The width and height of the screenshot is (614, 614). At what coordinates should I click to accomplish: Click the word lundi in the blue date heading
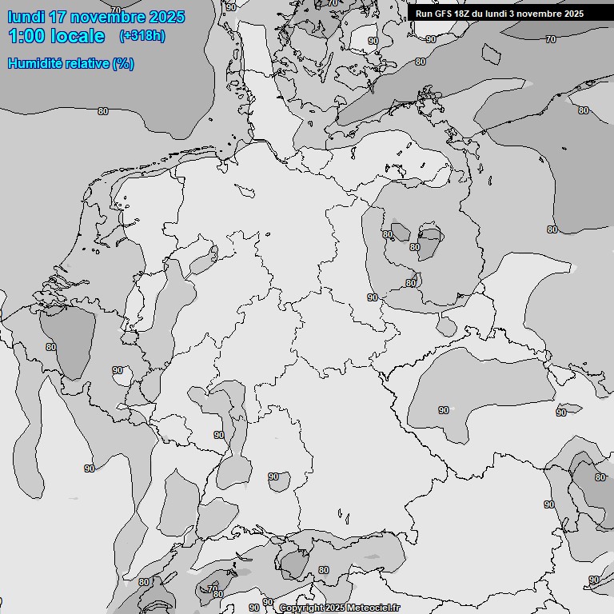point(26,17)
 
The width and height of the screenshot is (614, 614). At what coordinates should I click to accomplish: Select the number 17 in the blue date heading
point(58,17)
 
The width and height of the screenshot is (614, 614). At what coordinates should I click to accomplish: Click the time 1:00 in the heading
point(28,36)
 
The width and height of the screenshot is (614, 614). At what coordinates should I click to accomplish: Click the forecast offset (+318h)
point(142,36)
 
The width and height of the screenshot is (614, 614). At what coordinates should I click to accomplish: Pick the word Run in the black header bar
point(424,14)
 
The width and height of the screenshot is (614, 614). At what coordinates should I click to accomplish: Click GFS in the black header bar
point(445,14)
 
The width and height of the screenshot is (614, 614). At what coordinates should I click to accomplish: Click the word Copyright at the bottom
point(301,608)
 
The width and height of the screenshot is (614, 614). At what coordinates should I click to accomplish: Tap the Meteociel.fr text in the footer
point(374,608)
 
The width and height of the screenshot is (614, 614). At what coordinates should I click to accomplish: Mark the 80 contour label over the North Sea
point(103,111)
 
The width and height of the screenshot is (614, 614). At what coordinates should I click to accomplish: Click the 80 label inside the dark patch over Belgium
point(51,347)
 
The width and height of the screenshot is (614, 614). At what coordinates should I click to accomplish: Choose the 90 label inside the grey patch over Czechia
point(444,410)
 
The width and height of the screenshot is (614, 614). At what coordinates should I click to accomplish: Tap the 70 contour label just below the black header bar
point(551,39)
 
